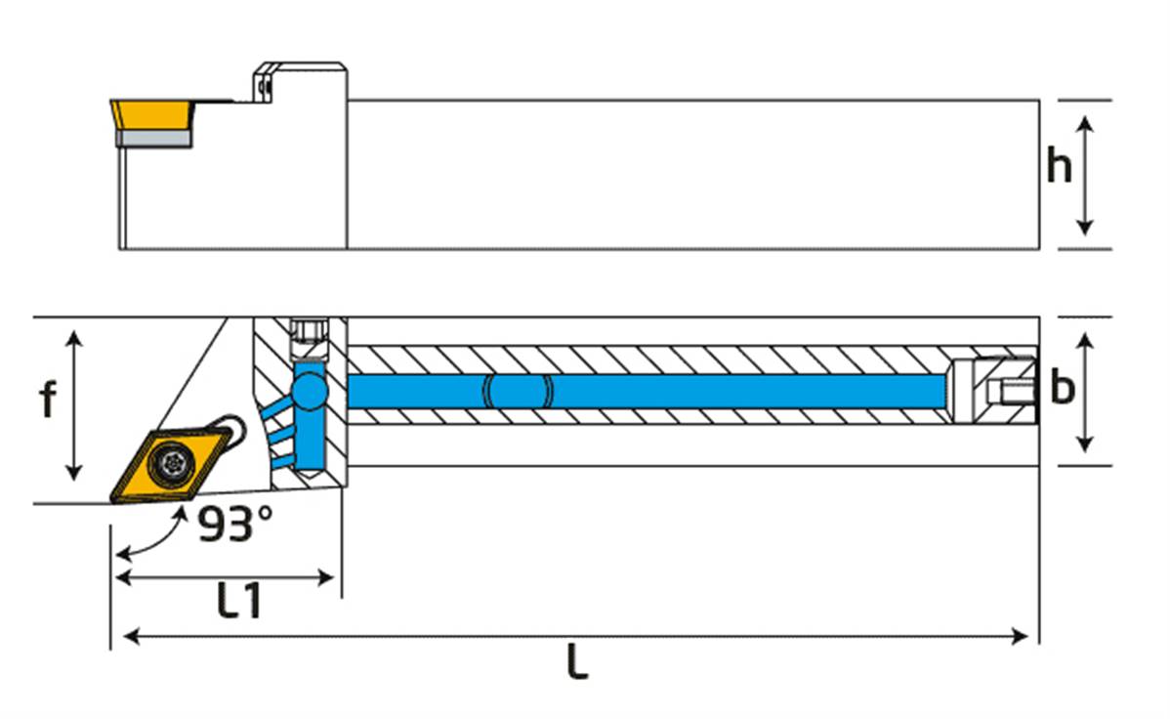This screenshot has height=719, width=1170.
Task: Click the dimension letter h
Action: [1059, 166]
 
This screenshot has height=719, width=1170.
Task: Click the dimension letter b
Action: [1061, 388]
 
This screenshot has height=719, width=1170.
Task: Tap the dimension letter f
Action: [47, 400]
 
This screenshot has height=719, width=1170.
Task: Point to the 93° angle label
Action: [234, 525]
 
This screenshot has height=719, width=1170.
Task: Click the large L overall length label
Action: [577, 664]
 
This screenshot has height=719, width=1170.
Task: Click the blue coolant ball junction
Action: [312, 391]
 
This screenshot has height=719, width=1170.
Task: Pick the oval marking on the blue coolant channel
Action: [519, 392]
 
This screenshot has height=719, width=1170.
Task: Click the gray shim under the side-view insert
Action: [154, 140]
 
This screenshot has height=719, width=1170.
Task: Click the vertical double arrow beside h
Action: [1084, 175]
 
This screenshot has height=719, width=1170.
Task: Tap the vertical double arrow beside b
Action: [1084, 391]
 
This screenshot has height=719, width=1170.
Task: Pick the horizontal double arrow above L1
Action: [226, 578]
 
